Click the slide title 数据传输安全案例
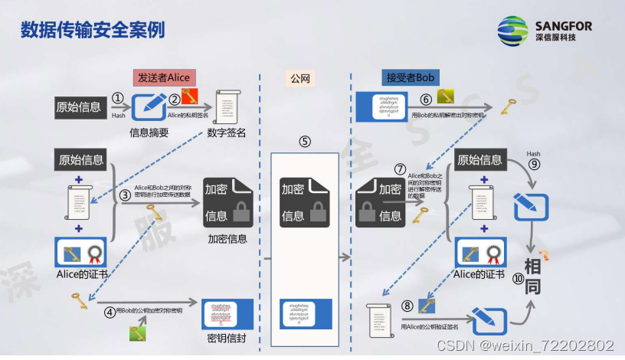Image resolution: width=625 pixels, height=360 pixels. (92, 30)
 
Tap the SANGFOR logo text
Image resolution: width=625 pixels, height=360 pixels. (565, 25)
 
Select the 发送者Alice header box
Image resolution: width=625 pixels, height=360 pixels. (163, 77)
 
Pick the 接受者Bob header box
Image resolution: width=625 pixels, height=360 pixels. (411, 78)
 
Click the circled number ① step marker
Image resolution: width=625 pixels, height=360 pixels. (117, 99)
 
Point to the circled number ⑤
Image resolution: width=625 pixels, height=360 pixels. (305, 141)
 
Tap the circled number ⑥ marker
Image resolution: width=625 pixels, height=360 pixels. (426, 100)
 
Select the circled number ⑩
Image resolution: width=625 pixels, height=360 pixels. (519, 280)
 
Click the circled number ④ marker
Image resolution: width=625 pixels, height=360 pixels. (110, 312)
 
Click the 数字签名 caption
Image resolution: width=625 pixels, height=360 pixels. (227, 133)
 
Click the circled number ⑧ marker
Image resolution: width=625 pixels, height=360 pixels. (407, 305)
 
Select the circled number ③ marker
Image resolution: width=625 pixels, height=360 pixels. (126, 195)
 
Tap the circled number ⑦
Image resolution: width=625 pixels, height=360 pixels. (399, 168)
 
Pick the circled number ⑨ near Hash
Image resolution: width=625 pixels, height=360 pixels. (534, 163)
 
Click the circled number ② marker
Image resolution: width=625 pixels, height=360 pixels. (175, 99)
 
